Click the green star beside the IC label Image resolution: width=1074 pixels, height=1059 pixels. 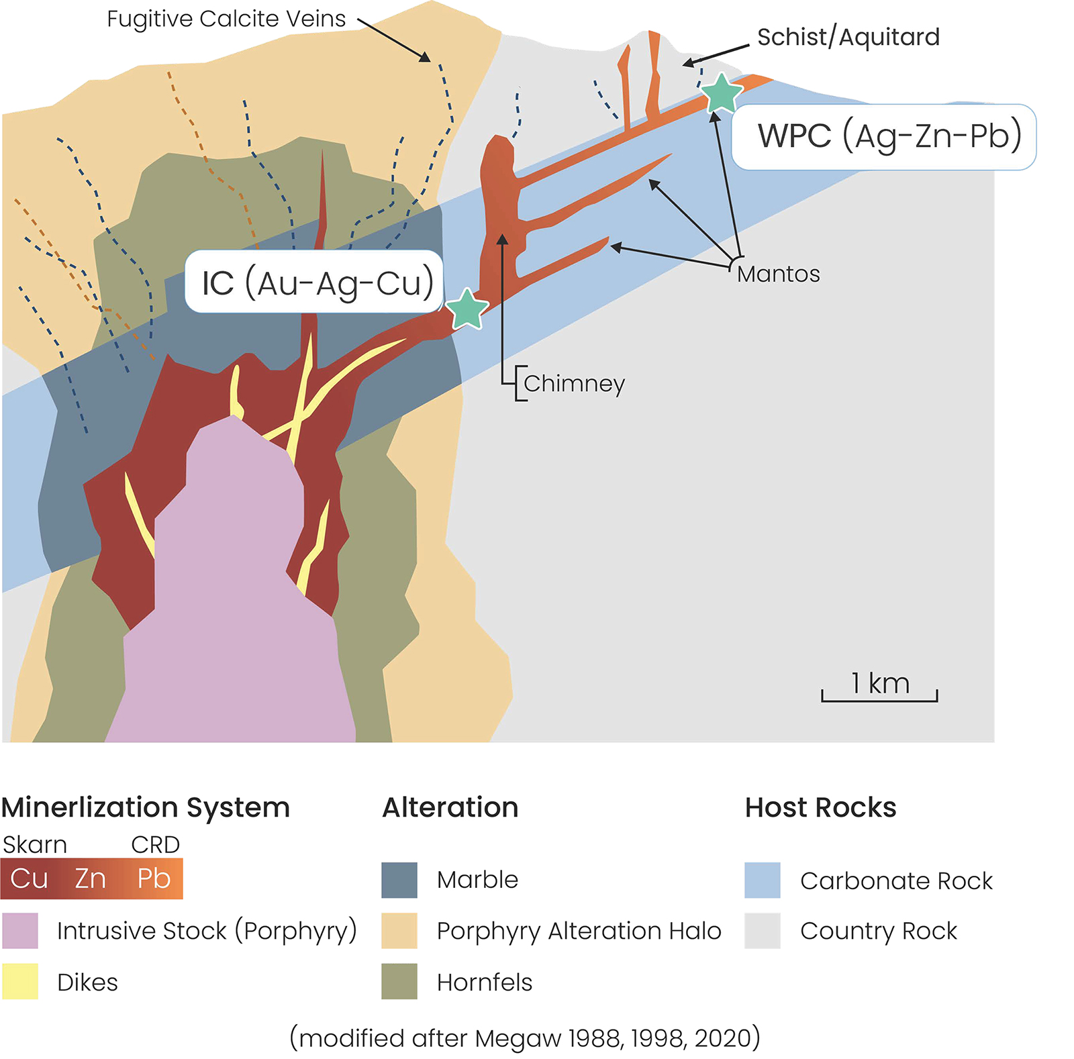click(x=467, y=309)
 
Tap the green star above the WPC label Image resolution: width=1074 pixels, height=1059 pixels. click(x=721, y=93)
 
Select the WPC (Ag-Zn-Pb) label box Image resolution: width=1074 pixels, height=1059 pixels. click(x=883, y=137)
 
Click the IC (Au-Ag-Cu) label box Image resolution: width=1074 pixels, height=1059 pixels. click(x=314, y=282)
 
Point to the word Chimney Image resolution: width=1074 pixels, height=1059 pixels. click(x=574, y=383)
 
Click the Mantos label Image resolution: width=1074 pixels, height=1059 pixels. click(x=778, y=274)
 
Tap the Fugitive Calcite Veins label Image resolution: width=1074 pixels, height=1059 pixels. click(x=226, y=19)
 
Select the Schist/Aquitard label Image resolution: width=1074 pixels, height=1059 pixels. click(x=848, y=37)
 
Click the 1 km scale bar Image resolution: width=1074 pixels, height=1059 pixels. click(x=879, y=691)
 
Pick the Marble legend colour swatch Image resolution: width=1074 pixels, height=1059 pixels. click(x=399, y=880)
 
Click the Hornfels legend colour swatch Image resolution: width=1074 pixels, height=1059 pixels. click(x=399, y=982)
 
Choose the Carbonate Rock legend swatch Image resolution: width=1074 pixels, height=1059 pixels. click(x=762, y=880)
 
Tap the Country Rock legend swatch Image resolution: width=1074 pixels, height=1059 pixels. click(x=762, y=931)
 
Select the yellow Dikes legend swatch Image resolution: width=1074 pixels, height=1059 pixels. click(x=20, y=982)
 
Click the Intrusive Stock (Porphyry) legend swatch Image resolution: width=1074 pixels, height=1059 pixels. click(x=20, y=931)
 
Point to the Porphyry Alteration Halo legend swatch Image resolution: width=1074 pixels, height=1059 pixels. click(x=399, y=931)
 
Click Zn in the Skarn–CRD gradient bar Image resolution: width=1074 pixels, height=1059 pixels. click(x=90, y=878)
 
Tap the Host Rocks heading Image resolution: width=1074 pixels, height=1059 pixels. click(x=820, y=807)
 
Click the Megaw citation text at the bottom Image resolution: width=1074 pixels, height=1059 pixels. click(x=525, y=1038)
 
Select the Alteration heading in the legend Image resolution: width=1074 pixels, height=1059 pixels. click(x=450, y=807)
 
